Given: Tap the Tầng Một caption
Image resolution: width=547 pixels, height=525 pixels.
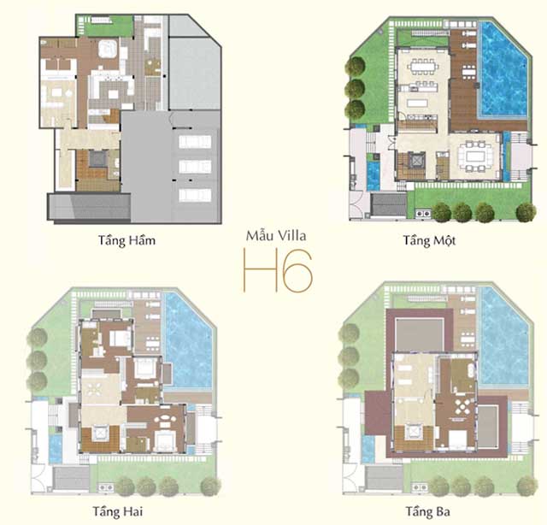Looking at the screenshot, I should tap(428, 240).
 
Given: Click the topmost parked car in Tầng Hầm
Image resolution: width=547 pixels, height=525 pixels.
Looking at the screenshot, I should tap(194, 139).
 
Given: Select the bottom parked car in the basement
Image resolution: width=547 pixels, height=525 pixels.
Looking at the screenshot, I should tap(194, 195).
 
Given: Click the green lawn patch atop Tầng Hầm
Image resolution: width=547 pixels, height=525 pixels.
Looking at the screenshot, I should tap(104, 26).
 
